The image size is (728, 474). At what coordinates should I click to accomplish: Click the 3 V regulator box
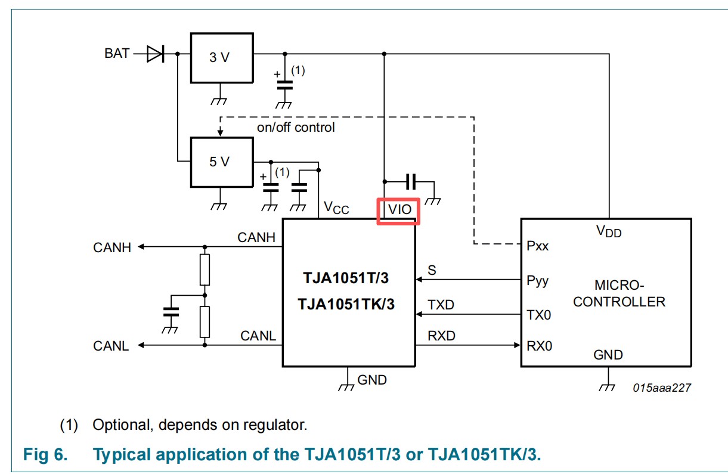(220, 58)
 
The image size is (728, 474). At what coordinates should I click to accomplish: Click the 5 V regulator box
(220, 161)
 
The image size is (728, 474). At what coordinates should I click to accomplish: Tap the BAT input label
(117, 54)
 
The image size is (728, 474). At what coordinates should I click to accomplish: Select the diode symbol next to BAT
(154, 54)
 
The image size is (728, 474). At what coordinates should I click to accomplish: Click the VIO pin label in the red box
(399, 210)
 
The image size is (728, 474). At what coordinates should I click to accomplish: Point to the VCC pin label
(336, 207)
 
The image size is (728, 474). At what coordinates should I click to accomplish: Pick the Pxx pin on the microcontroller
(538, 245)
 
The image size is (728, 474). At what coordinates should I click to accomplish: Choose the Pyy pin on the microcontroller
(538, 280)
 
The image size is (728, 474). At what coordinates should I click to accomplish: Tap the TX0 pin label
(538, 314)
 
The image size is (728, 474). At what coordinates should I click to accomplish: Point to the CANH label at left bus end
(112, 247)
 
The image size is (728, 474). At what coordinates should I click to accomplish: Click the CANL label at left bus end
(111, 346)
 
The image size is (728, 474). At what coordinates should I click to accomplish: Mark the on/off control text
(296, 128)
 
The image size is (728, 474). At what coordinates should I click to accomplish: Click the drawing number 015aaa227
(662, 388)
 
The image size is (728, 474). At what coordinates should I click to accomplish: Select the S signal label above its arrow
(432, 271)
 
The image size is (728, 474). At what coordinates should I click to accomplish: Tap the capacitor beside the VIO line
(410, 181)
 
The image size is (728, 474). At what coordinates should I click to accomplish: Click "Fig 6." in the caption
(45, 455)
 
